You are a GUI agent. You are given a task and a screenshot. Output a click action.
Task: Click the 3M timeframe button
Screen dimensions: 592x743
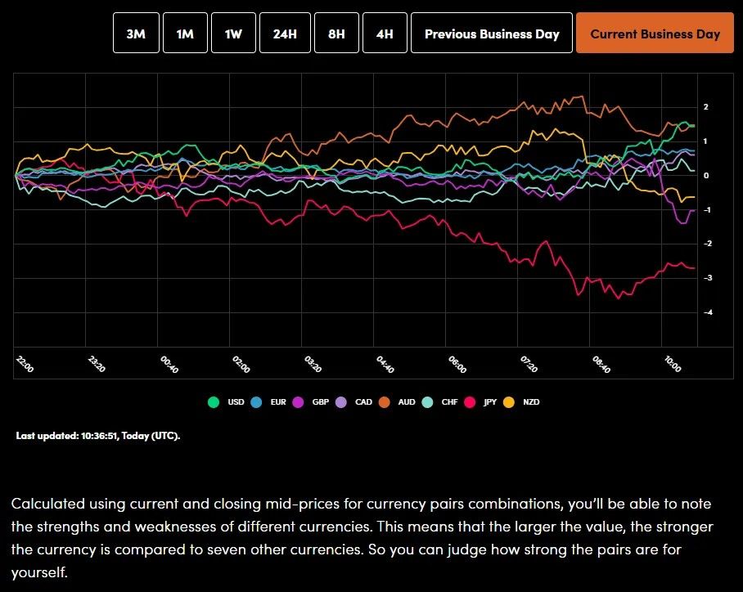136,34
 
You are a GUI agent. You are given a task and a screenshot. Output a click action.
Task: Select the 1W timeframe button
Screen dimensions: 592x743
233,34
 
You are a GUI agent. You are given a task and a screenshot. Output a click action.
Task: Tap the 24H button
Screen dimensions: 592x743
285,34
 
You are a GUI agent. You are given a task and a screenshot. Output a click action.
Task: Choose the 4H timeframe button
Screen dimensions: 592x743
384,34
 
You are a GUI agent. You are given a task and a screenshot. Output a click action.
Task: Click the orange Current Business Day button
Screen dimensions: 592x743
655,34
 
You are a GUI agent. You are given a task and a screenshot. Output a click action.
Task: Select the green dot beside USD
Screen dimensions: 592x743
214,402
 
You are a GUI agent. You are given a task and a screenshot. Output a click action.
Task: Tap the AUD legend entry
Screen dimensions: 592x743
406,402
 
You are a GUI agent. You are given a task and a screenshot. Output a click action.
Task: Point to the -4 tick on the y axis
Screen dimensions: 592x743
705,312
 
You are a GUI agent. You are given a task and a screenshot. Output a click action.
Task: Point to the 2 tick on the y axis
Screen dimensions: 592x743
705,107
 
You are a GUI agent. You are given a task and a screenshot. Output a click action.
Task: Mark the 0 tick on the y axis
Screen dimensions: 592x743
705,176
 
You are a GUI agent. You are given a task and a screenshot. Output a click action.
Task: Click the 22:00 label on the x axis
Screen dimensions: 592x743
25,365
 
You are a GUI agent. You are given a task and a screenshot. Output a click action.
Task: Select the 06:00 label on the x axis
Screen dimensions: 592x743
457,365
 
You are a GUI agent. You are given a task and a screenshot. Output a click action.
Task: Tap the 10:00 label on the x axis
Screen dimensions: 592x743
673,365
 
